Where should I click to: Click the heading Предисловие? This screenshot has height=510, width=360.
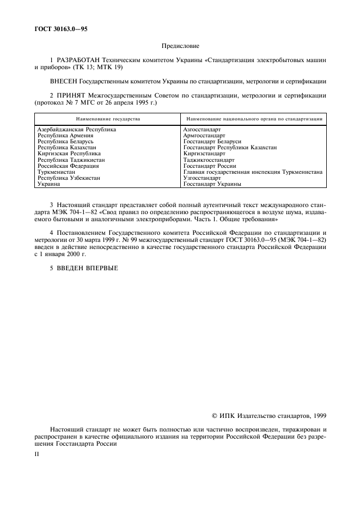coord(179,48)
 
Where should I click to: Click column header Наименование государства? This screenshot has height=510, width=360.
coord(107,118)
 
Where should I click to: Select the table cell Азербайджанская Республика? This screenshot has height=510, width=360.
coord(77,130)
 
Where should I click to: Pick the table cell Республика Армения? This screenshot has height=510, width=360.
coord(62,136)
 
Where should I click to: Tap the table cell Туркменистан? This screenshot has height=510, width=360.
coord(57,172)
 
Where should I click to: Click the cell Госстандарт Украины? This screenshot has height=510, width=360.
coord(212,184)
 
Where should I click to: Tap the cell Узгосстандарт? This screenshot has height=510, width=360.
coord(202,178)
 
